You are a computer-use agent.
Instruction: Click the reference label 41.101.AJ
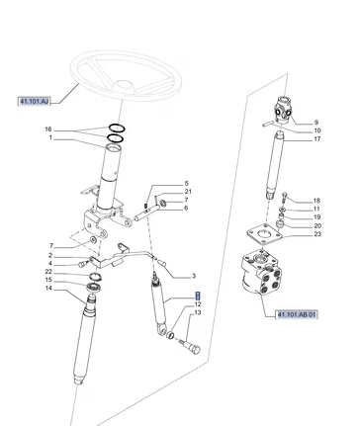coord(34,102)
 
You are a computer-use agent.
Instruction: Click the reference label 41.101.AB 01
coord(297,314)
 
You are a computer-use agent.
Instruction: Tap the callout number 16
coord(48,129)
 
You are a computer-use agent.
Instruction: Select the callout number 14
coord(48,289)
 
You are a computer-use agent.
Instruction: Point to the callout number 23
coord(317,234)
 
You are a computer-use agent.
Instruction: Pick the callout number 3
coord(194,276)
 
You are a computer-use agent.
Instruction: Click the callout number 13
coord(198,312)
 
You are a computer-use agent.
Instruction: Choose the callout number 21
coord(188,192)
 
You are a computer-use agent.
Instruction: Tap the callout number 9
coord(316,123)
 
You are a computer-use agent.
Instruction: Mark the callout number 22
coord(48,272)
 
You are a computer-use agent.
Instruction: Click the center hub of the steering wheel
coord(125,85)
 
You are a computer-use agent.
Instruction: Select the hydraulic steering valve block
coord(261,272)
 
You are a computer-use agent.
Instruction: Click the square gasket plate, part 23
coord(265,235)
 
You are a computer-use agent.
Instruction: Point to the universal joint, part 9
coord(282,110)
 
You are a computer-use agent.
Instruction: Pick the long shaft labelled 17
coord(275,164)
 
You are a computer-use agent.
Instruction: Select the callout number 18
coord(316,201)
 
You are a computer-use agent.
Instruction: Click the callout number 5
coord(186,184)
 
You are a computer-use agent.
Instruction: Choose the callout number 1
coord(50,137)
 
